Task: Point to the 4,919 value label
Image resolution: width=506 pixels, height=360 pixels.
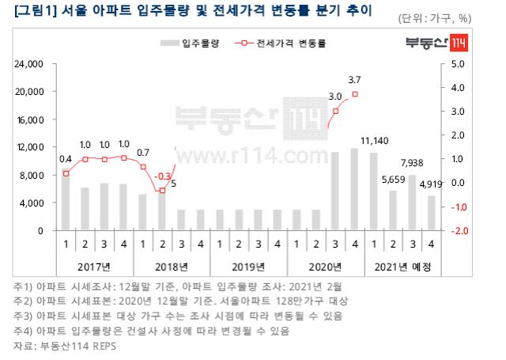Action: (431, 184)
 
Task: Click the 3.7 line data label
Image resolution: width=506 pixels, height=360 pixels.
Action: (354, 79)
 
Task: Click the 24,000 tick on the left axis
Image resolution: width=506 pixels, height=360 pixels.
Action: (31, 64)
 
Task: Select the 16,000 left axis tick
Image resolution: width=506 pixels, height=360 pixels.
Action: (31, 119)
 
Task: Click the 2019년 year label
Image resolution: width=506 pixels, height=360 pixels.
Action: (248, 267)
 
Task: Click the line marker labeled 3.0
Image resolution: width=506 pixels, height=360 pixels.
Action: (335, 111)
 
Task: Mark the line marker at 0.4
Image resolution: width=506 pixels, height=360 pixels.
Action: (66, 173)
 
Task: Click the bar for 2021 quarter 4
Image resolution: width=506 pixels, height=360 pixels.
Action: (431, 214)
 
